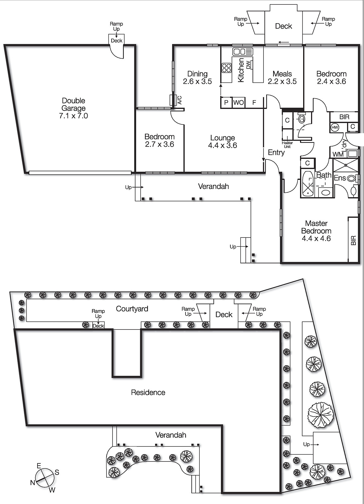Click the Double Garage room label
(73, 105)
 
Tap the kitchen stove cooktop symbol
(226, 68)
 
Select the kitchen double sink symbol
(243, 52)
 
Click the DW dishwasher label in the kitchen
(248, 65)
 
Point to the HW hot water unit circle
(335, 128)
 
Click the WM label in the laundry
(338, 154)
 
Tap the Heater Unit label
(287, 145)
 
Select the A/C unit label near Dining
(180, 100)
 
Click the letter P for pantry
(226, 103)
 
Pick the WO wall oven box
(239, 103)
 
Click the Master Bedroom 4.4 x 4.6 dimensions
(316, 238)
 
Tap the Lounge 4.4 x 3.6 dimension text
(222, 146)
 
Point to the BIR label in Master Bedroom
(353, 240)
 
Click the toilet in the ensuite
(354, 190)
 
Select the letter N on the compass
(33, 483)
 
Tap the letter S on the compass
(57, 472)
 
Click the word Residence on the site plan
(148, 392)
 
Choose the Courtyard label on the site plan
(132, 309)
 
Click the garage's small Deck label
(117, 41)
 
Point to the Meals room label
(282, 74)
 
